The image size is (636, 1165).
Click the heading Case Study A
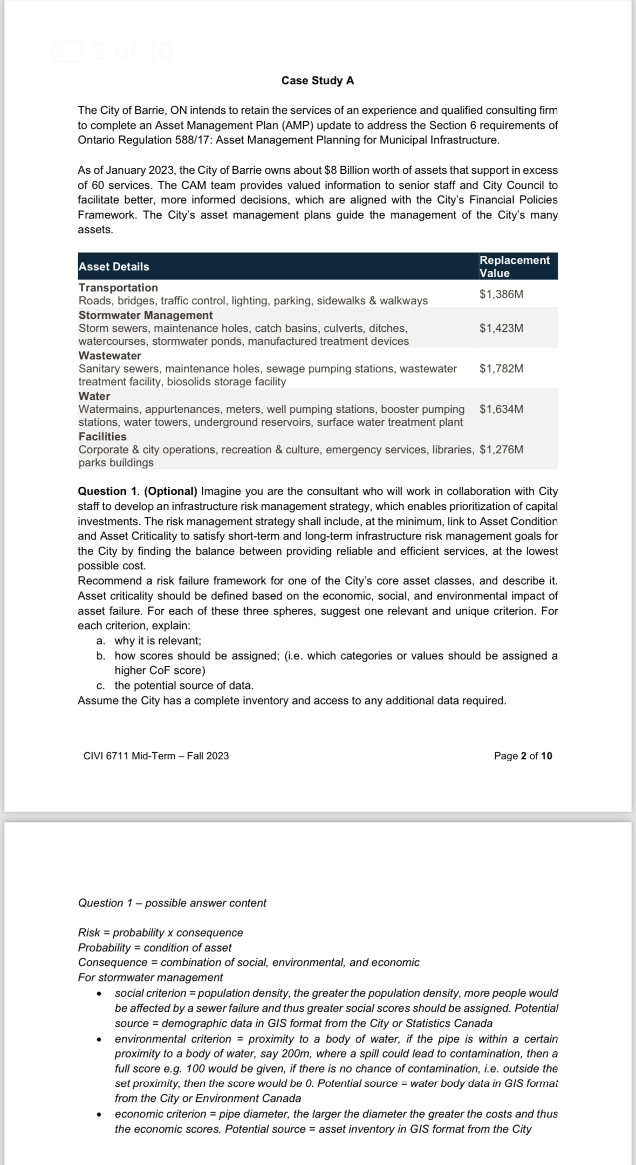(x=318, y=80)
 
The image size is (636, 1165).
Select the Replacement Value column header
(x=514, y=266)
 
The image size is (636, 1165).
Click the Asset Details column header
(x=114, y=267)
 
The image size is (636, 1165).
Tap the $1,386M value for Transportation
(x=501, y=294)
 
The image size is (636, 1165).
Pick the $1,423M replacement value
(x=501, y=328)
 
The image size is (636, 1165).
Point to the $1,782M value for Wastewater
(x=501, y=369)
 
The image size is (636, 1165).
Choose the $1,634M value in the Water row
(x=501, y=409)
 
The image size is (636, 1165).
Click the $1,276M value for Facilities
(x=501, y=449)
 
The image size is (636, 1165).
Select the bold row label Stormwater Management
(x=146, y=315)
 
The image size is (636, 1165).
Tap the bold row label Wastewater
(x=110, y=356)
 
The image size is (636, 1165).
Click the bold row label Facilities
(x=102, y=437)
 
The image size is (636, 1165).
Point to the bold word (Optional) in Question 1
(x=171, y=491)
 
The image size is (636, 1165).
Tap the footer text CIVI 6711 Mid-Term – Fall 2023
(x=156, y=755)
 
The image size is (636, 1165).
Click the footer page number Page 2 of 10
(x=523, y=755)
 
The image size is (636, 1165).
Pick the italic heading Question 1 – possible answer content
(x=172, y=903)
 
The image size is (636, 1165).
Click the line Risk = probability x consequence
(x=160, y=932)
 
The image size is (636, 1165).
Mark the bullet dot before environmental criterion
(x=99, y=1039)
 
